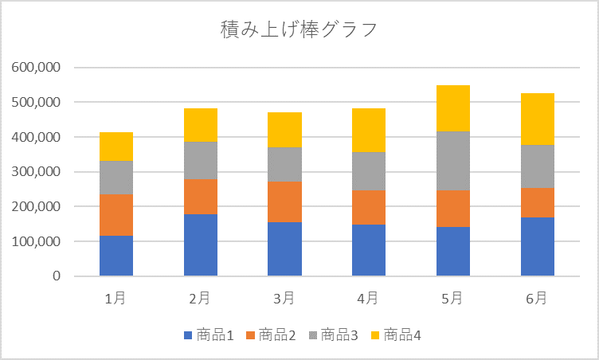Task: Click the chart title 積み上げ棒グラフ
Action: tap(299, 30)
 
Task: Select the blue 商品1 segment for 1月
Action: tap(116, 256)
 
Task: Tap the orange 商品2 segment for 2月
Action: tap(201, 197)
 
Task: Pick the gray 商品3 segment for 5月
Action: tap(453, 161)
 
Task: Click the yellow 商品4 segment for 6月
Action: tap(538, 119)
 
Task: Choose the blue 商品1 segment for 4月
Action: tap(369, 250)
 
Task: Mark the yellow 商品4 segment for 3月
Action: tap(284, 130)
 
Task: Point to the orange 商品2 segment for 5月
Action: tap(453, 209)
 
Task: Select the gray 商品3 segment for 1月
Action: tap(116, 178)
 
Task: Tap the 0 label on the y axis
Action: tap(57, 276)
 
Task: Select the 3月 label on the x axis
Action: tap(284, 299)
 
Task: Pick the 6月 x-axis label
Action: tap(538, 299)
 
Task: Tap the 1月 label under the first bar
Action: tap(116, 299)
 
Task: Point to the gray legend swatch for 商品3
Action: tap(313, 335)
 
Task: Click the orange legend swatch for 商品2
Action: tap(250, 335)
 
